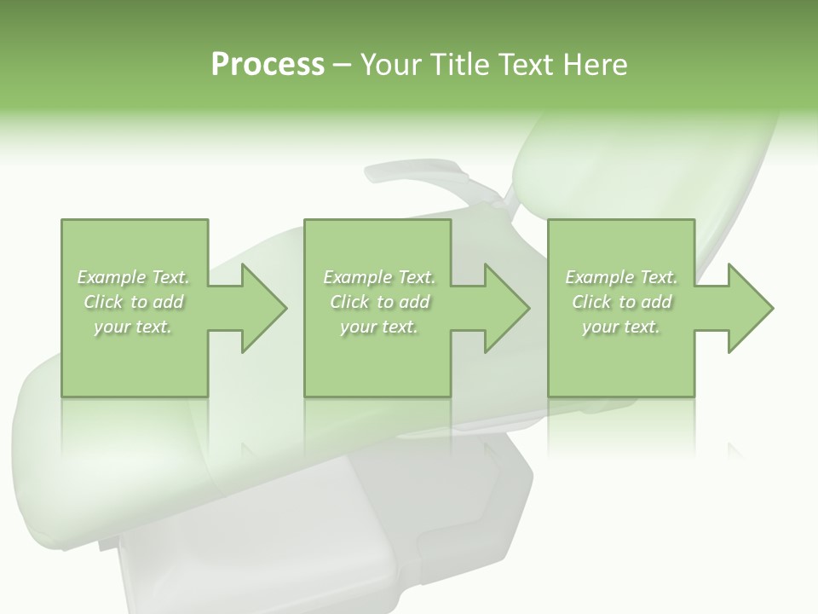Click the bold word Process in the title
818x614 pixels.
(268, 65)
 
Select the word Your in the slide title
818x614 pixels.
(389, 65)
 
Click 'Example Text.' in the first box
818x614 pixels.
(134, 277)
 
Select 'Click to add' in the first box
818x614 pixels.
(134, 302)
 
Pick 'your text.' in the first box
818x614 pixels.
(134, 327)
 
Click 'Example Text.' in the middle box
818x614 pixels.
(378, 277)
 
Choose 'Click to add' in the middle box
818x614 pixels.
(378, 302)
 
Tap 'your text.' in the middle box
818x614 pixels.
(378, 327)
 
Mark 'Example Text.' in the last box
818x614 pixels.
(621, 277)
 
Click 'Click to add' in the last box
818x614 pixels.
(621, 302)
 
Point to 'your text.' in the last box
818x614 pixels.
(621, 327)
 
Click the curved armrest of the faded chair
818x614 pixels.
(418, 174)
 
